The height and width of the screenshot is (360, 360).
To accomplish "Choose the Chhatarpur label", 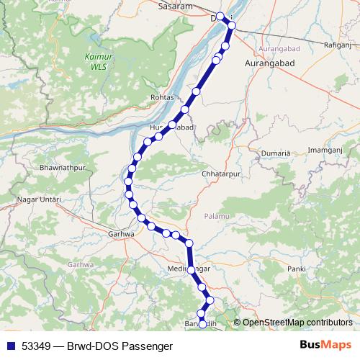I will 220,174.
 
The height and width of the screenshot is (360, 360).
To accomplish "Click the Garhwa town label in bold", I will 120,234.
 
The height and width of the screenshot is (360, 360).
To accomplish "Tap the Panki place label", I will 296,269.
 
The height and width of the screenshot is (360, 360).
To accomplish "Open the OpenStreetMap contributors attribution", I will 297,323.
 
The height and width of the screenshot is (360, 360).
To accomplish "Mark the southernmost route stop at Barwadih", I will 202,325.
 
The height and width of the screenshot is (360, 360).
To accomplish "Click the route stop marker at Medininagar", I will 191,270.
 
